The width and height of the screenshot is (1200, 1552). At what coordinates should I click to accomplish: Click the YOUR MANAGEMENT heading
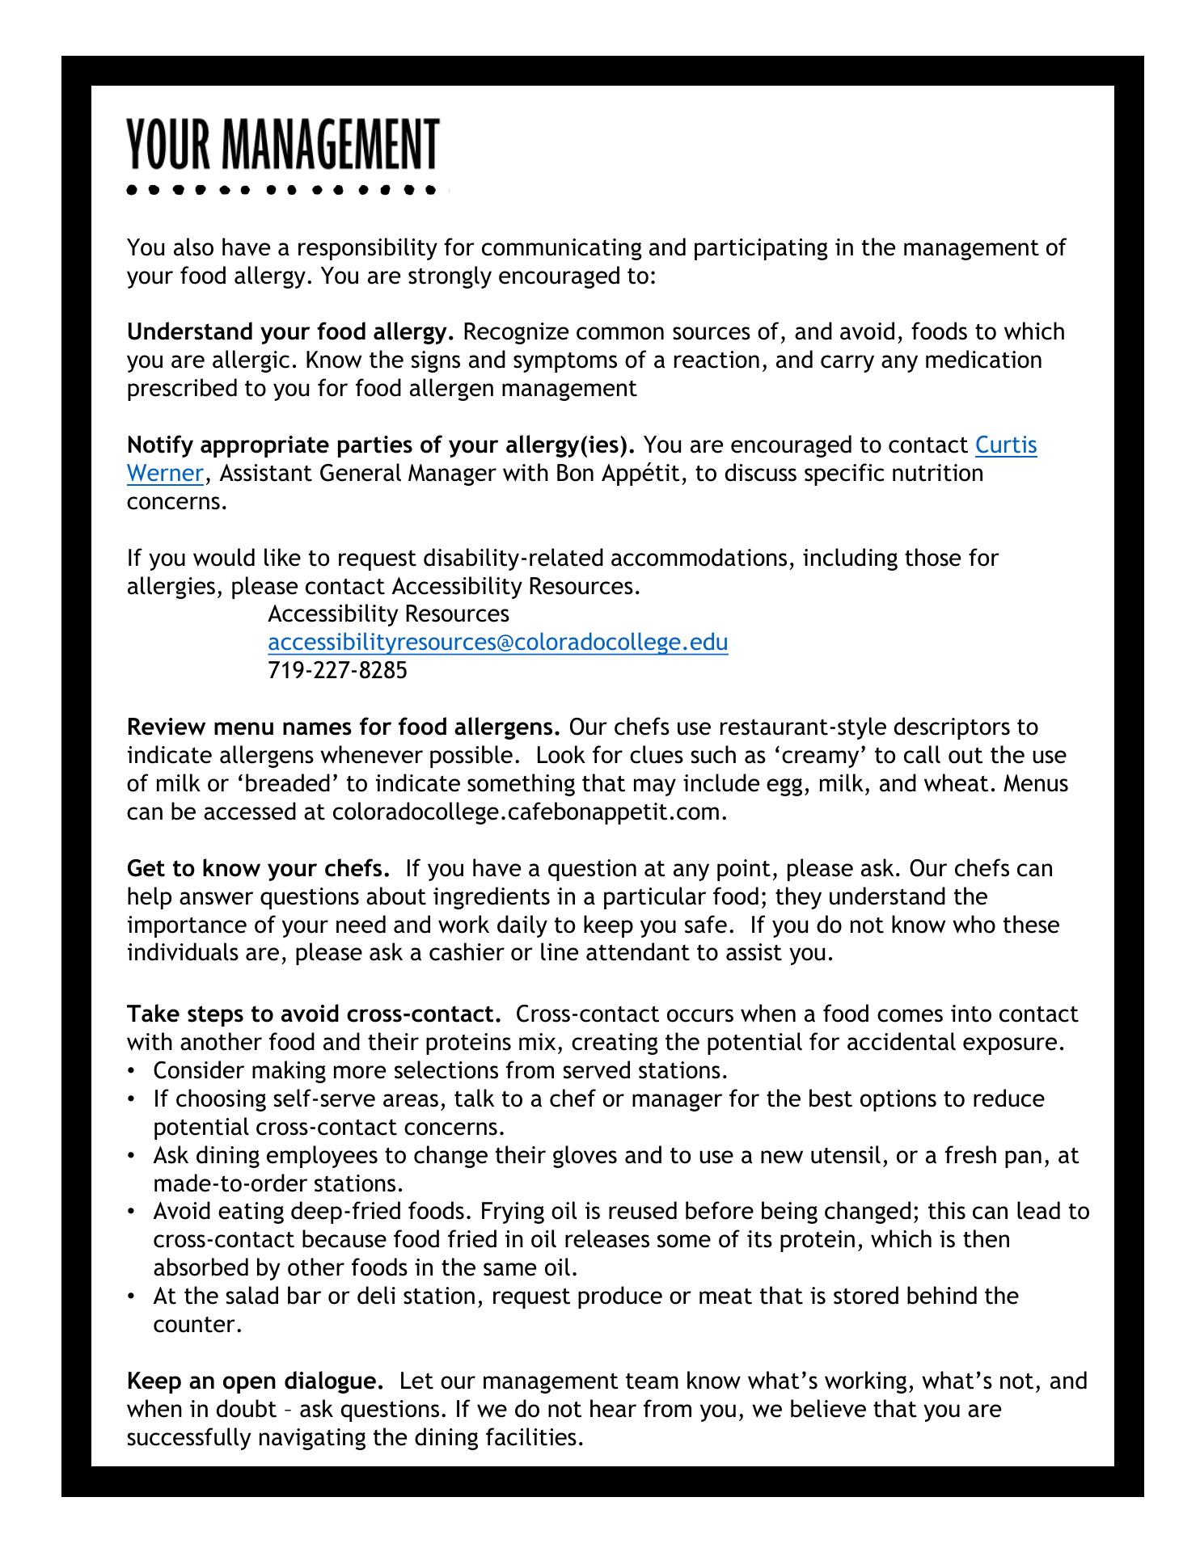282,145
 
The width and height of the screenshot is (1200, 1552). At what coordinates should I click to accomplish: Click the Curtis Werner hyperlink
1005,445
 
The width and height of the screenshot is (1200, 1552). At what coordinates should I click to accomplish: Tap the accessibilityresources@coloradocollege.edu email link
497,643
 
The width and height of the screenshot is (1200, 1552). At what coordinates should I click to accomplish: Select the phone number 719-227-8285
337,670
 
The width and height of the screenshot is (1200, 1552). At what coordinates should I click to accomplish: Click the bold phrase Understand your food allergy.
291,332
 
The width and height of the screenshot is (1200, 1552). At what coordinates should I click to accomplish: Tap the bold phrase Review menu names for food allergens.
344,727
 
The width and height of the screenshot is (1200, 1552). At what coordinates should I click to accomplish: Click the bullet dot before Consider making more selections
131,1071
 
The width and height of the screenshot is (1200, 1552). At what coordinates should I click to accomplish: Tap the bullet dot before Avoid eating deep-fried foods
131,1212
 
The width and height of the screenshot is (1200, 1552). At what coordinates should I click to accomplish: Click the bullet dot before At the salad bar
131,1297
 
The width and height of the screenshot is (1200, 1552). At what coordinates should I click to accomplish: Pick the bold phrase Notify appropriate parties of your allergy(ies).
381,445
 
